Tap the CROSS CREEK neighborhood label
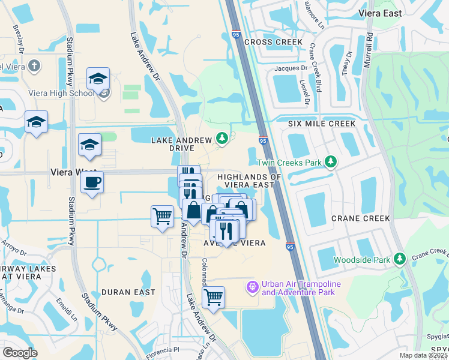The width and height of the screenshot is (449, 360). (273, 42)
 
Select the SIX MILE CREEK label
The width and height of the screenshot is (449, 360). (322, 123)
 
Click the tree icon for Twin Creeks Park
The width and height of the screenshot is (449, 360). (330, 161)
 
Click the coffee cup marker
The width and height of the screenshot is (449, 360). (92, 182)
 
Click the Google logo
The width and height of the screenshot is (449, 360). (20, 353)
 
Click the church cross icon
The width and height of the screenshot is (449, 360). (35, 65)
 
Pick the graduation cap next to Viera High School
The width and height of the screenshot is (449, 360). (98, 78)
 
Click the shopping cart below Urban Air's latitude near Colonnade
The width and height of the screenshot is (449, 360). (213, 296)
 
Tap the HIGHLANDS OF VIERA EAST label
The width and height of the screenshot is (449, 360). (249, 181)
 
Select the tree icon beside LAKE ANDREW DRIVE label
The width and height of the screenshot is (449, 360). (222, 139)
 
